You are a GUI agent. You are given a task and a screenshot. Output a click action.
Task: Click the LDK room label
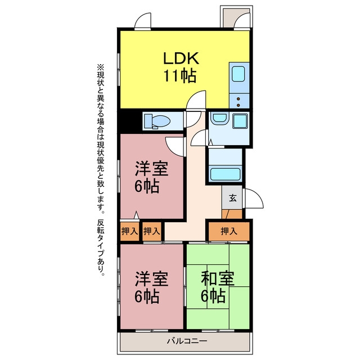pos(181,58)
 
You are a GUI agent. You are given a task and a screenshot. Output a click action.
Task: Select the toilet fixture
pos(157,121)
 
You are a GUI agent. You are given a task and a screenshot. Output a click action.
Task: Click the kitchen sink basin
pos(238,74)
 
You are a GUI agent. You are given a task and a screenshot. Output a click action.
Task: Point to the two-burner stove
pos(239,101)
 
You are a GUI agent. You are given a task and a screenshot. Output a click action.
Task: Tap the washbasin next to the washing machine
pos(219,118)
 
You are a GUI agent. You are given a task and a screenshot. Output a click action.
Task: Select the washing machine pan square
pos(240,121)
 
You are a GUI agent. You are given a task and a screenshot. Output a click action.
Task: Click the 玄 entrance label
pos(232,197)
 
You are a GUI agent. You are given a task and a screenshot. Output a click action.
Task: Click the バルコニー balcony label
pos(187,341)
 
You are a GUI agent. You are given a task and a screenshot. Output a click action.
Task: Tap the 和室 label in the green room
pos(218,278)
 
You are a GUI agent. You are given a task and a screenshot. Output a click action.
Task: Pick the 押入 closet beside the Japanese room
pos(229,231)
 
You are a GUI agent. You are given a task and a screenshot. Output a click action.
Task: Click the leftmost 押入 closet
pos(130,231)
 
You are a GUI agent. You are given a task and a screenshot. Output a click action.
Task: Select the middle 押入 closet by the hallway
pos(151,231)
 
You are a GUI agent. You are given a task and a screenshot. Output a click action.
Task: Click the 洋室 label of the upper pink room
pos(151,169)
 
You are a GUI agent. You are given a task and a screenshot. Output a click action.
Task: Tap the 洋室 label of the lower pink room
pos(151,279)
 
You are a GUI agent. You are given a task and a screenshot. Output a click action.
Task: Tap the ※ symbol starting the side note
pos(101,67)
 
